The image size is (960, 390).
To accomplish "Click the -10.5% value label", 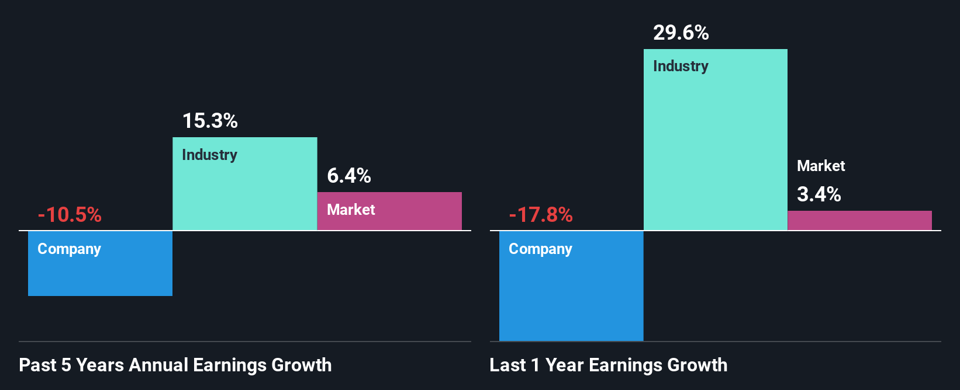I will pos(70,215).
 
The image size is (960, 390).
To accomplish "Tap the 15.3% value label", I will pos(210,121).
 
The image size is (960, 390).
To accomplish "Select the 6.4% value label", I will pos(349,176).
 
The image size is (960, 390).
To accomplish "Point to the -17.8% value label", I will pos(541,215).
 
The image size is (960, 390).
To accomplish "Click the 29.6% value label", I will pos(681,33).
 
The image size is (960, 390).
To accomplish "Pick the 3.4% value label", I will pos(819,194).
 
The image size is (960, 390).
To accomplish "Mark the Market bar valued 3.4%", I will pos(859,221).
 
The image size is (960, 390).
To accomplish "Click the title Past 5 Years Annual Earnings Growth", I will pos(175,365).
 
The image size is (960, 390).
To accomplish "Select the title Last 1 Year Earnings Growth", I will pos(609,365).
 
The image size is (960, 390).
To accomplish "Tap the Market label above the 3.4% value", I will pos(821,166).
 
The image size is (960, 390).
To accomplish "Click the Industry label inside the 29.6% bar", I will pos(681,67).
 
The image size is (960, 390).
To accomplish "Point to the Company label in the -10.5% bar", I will pos(69,249).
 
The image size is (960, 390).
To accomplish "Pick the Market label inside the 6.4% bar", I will pos(351,210).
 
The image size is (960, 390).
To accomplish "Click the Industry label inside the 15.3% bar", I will pos(209,155).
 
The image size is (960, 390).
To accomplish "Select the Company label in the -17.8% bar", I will pos(540,249).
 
